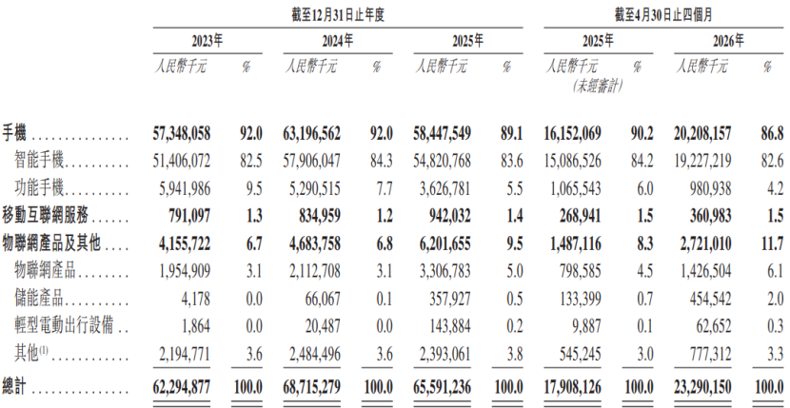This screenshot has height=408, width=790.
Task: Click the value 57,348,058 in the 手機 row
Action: coord(181,133)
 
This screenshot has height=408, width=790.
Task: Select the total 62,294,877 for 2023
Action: coord(181,387)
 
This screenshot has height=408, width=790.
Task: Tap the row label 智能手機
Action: coord(40,161)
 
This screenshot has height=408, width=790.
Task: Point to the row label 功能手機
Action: coord(40,189)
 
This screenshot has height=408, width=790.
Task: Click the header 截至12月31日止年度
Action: coord(338,16)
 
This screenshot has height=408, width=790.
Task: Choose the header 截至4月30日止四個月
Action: coord(662,16)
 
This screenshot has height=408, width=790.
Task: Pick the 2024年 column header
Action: coord(338,41)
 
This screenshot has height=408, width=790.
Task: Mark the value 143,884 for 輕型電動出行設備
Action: coord(448,329)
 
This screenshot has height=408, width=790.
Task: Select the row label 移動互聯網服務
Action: coord(46,217)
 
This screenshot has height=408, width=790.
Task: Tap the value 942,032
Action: coord(448,217)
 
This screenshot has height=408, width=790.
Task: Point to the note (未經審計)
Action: coord(597,87)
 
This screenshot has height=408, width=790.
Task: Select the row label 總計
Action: coord(14,387)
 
